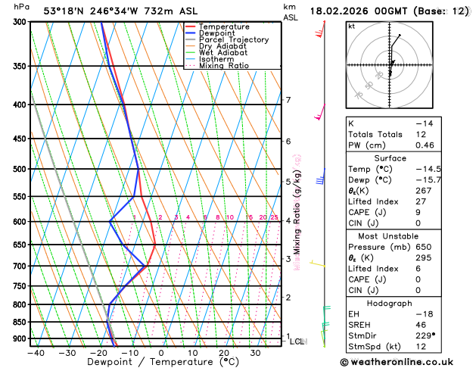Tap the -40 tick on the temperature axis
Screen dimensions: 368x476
click(35, 352)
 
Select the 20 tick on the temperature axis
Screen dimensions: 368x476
click(224, 352)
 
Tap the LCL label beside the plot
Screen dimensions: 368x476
click(297, 341)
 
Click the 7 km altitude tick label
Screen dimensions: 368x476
click(288, 100)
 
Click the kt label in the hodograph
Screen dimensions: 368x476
click(351, 27)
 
